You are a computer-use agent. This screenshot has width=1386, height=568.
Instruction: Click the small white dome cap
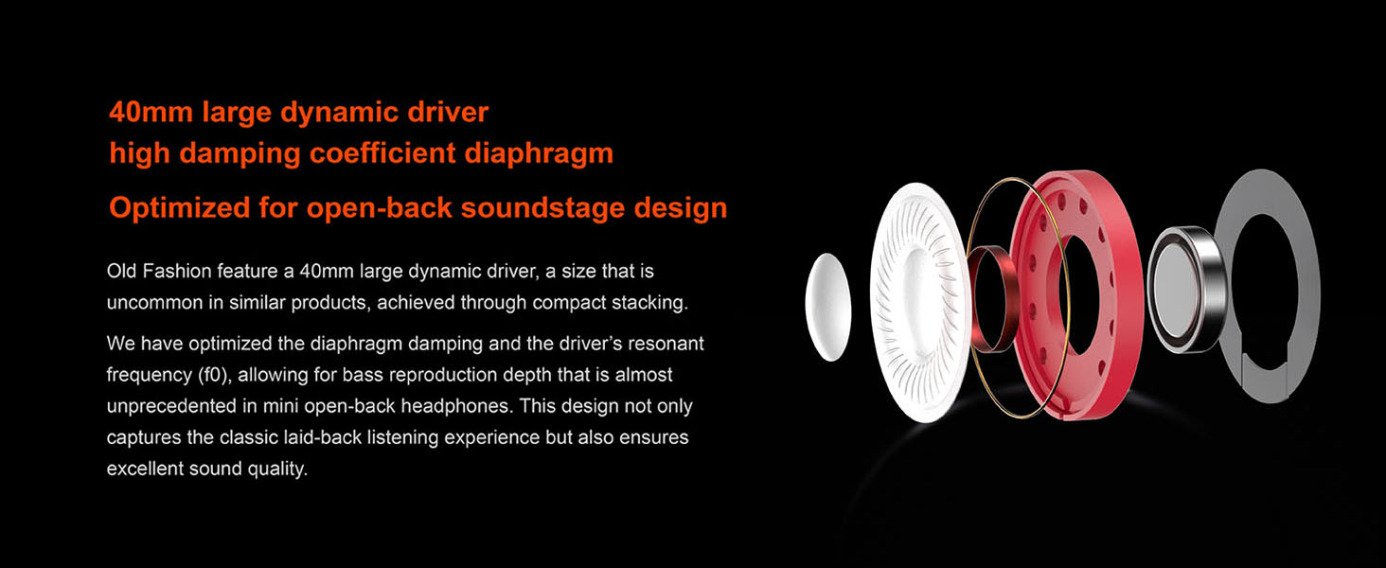point(827,307)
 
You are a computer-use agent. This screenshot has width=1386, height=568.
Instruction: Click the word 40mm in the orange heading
point(150,112)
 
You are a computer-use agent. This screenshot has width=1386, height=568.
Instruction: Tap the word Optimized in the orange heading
point(180,208)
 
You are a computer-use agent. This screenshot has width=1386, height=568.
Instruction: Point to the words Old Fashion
point(159,271)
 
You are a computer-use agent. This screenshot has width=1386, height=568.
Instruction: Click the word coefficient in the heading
point(382,152)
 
